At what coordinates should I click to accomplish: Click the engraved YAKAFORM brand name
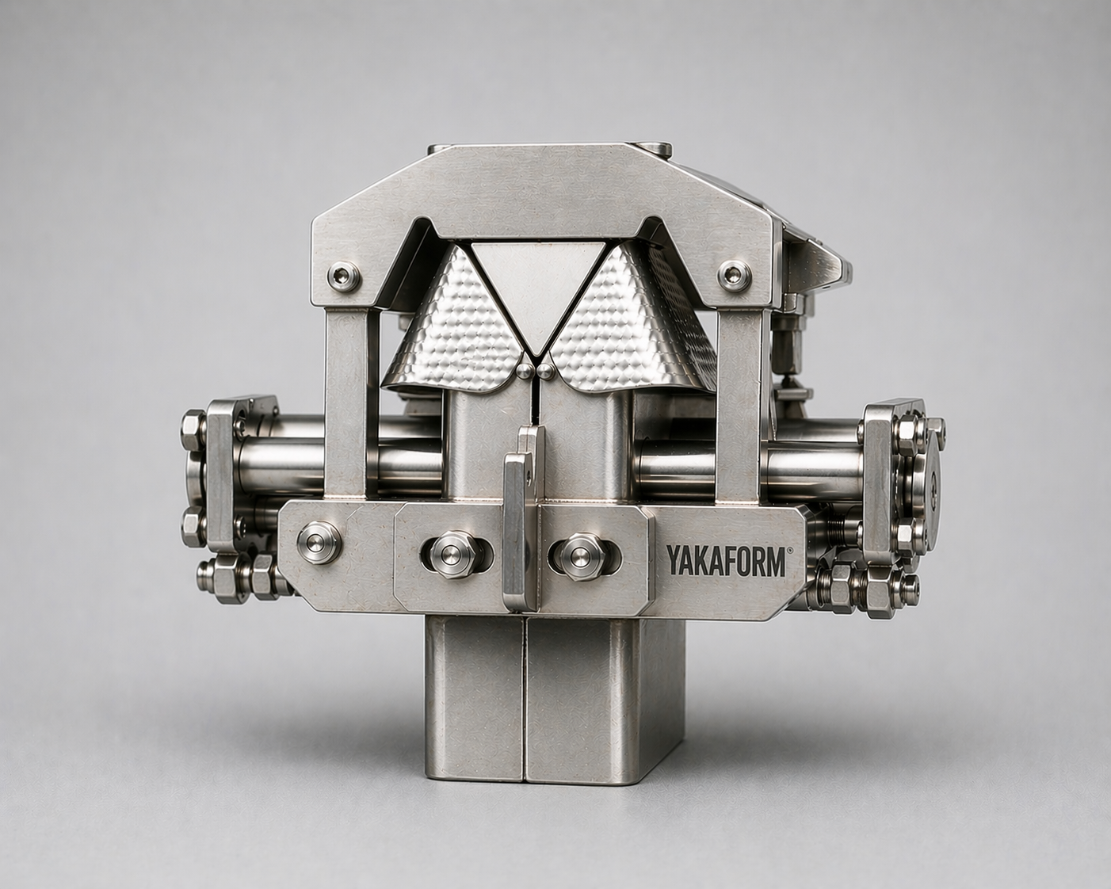tap(725, 561)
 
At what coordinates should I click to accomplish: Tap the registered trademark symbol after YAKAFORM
tap(788, 551)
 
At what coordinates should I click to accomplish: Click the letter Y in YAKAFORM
tap(673, 561)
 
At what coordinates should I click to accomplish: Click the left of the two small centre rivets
tap(525, 370)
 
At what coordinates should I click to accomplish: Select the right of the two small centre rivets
tap(544, 370)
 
